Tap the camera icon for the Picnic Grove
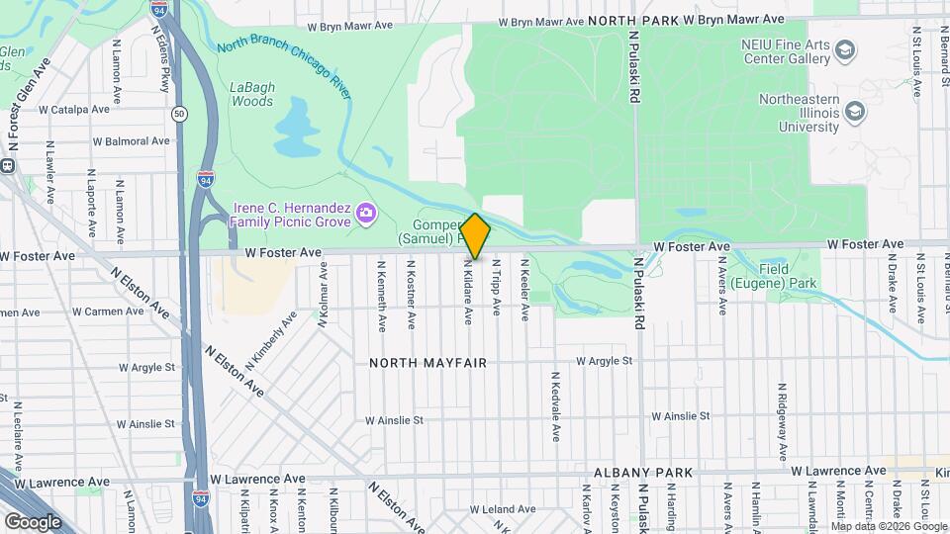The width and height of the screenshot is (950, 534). pyautogui.click(x=366, y=213)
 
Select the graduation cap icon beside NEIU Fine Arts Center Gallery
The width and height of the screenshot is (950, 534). pyautogui.click(x=846, y=49)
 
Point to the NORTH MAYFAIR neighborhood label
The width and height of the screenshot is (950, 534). pyautogui.click(x=428, y=363)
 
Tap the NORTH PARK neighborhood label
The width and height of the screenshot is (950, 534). pyautogui.click(x=634, y=20)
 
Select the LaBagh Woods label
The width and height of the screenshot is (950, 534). pyautogui.click(x=251, y=94)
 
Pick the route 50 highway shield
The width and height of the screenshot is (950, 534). pyautogui.click(x=178, y=114)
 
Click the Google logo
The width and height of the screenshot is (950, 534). pyautogui.click(x=33, y=522)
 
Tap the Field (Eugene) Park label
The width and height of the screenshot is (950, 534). pyautogui.click(x=789, y=277)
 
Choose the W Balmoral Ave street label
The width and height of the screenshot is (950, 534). pyautogui.click(x=131, y=141)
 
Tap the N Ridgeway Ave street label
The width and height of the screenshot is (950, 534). pyautogui.click(x=782, y=411)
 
